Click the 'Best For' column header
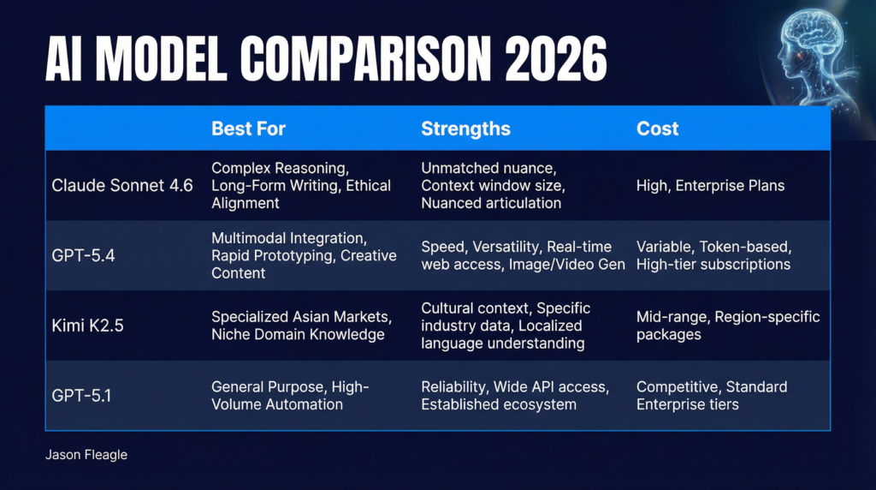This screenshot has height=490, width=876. click(248, 129)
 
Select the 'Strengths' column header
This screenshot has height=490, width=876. click(465, 129)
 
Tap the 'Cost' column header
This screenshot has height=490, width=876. click(657, 129)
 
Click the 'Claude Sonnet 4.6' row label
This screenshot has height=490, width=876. click(122, 186)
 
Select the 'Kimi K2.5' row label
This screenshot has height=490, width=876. click(87, 326)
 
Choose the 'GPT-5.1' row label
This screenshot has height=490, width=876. click(81, 396)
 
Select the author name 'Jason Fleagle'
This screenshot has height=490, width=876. click(86, 455)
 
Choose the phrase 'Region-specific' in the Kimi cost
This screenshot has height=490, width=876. click(767, 317)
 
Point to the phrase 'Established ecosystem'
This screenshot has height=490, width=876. click(500, 404)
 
